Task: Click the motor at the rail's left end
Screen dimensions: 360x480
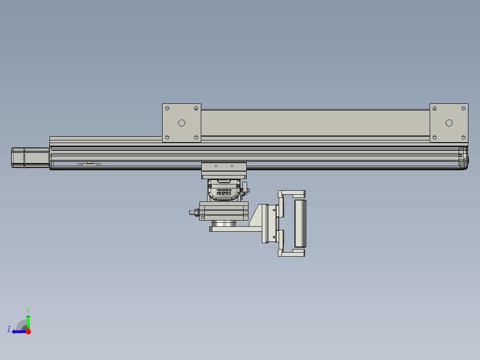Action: pyautogui.click(x=30, y=158)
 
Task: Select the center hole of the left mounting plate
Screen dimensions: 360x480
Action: pyautogui.click(x=181, y=123)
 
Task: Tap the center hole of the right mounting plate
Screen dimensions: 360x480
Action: pyautogui.click(x=449, y=123)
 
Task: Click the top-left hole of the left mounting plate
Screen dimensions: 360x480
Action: pyautogui.click(x=167, y=108)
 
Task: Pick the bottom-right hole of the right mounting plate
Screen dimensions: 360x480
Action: pyautogui.click(x=463, y=137)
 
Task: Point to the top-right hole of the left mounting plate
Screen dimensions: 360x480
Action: pyautogui.click(x=196, y=108)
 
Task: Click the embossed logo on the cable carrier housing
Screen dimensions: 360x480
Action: pyautogui.click(x=224, y=193)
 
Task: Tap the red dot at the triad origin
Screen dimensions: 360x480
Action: pyautogui.click(x=28, y=331)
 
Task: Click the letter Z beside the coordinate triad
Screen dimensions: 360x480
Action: pyautogui.click(x=9, y=329)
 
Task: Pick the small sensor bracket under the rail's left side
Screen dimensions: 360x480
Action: pyautogui.click(x=89, y=165)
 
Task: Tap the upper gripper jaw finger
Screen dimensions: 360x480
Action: pyautogui.click(x=292, y=194)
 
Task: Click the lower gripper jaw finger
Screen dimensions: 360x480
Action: pyautogui.click(x=292, y=253)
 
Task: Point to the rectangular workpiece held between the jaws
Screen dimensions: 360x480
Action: pyautogui.click(x=300, y=223)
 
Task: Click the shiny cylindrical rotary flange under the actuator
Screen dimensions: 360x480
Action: pyautogui.click(x=224, y=223)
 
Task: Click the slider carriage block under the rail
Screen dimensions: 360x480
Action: pyautogui.click(x=224, y=170)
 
